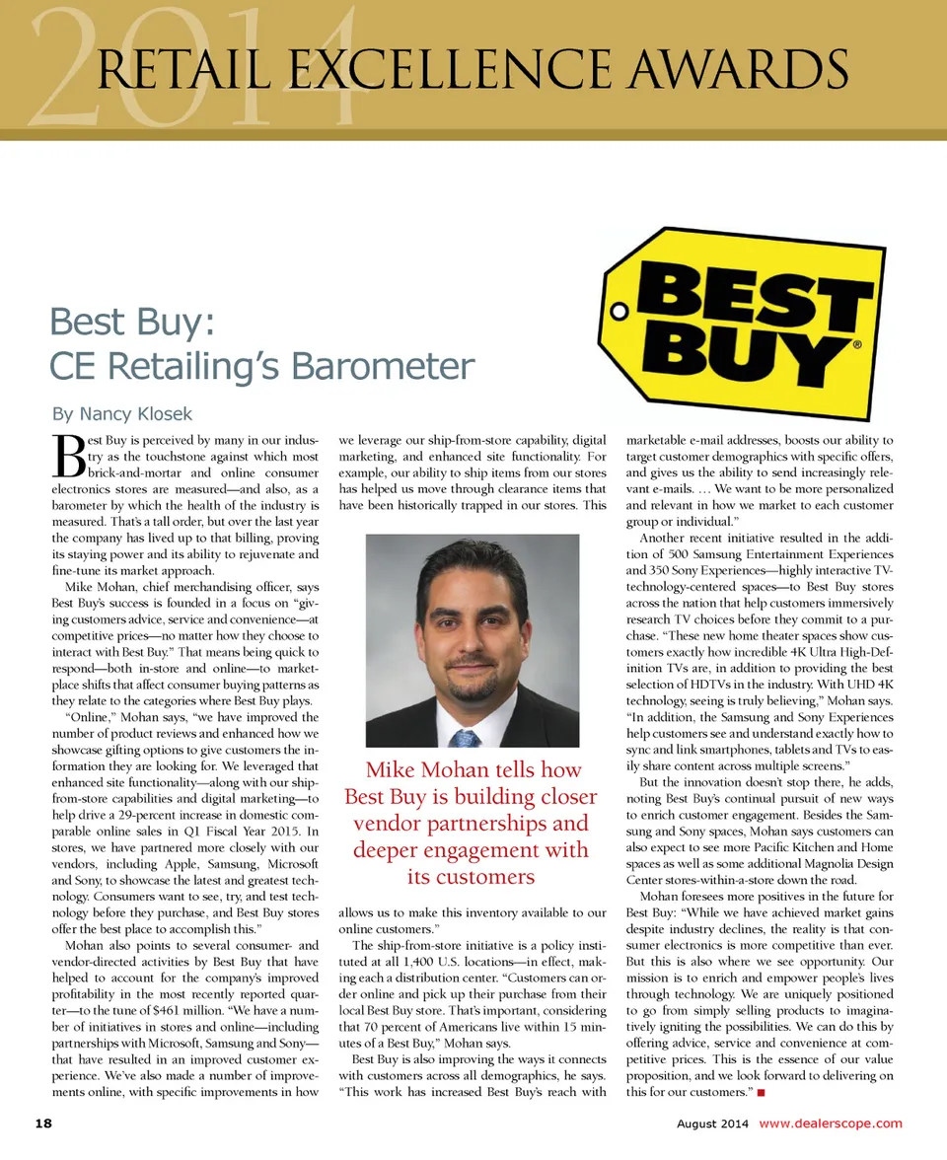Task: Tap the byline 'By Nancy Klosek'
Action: click(x=121, y=413)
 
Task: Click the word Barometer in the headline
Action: click(x=378, y=367)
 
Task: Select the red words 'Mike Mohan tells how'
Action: click(x=473, y=769)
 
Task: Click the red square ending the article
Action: click(x=762, y=1093)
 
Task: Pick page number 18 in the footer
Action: click(x=43, y=1124)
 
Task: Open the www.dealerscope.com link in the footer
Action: click(x=830, y=1124)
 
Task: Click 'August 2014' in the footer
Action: click(x=712, y=1124)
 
